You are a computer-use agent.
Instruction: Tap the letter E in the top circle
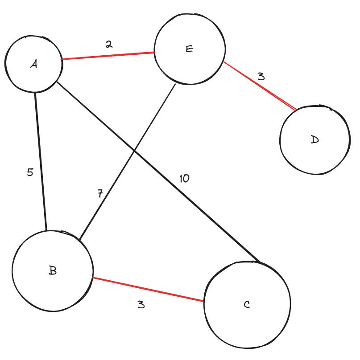point(189,49)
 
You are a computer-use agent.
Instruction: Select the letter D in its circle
point(315,140)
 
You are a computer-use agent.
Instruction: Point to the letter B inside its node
point(53,270)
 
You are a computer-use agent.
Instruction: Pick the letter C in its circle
point(247,305)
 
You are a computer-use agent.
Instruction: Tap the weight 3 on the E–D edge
point(261,76)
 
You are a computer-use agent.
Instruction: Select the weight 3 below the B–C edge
point(141,305)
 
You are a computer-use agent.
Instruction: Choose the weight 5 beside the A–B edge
point(30,172)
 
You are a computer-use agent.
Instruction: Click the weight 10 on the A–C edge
point(184,179)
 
